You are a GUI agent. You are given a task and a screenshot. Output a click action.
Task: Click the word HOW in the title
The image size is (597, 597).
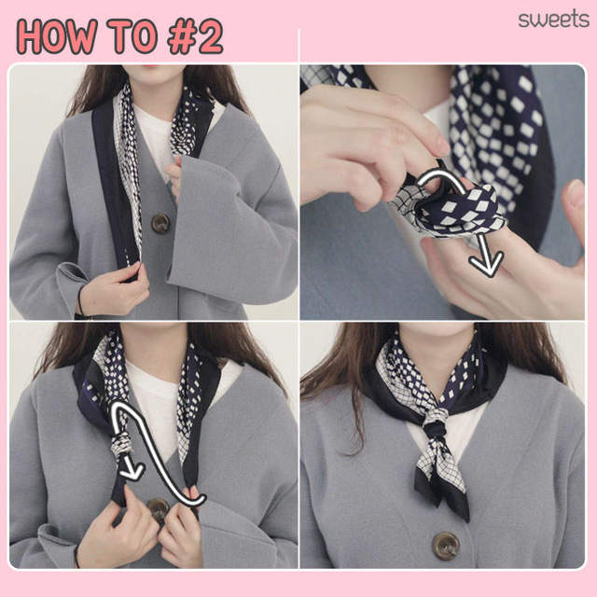(56, 36)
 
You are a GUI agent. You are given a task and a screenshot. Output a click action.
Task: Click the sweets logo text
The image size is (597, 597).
(553, 20)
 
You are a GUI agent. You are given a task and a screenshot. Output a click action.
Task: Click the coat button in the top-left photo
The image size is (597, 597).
(160, 223)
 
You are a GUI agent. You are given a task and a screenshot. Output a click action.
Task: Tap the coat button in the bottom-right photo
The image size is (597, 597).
(446, 546)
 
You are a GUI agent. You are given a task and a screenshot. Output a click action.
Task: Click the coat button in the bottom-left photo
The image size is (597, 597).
(158, 509)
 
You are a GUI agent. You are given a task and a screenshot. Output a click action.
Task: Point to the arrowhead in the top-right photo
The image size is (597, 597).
(486, 263)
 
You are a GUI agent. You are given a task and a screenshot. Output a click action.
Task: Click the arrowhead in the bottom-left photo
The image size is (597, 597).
(131, 471)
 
